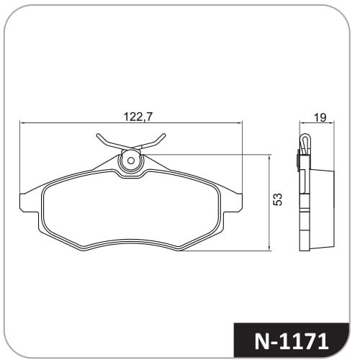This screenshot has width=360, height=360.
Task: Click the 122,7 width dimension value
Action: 138,117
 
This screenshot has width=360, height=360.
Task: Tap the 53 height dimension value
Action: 279,199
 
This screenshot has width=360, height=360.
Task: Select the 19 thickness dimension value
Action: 320,117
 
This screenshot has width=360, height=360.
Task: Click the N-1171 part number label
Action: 292,341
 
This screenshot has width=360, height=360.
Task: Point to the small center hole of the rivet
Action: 130,161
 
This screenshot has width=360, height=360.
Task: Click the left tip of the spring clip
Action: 98,135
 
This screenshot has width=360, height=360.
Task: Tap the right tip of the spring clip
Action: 164,135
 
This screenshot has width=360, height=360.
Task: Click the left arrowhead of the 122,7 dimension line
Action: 22,123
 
